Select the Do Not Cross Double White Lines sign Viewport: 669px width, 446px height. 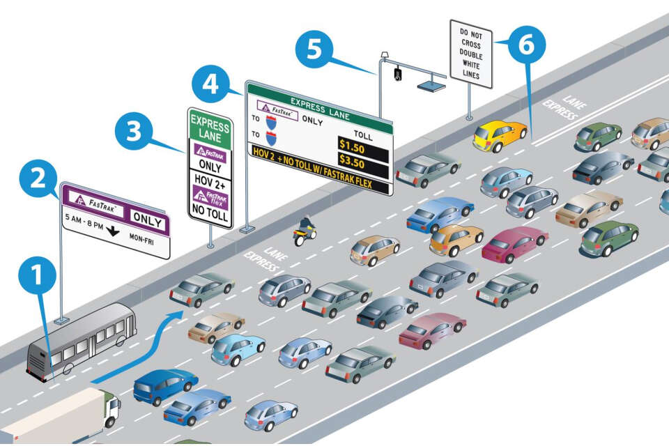(x=471, y=54)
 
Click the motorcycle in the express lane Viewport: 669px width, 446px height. (x=304, y=232)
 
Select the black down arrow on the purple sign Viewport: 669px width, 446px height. (x=111, y=231)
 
